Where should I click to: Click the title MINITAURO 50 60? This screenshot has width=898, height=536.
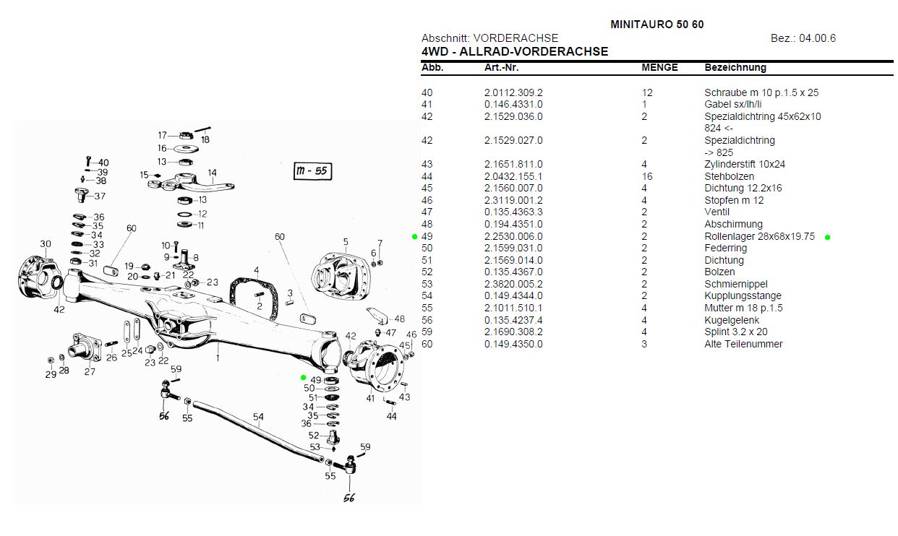pos(657,24)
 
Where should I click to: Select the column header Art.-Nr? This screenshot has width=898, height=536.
pos(501,67)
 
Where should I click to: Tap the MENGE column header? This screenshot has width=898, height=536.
pos(659,67)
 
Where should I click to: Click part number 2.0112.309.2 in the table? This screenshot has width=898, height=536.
pos(513,92)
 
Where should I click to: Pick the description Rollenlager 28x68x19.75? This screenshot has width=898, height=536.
pos(759,236)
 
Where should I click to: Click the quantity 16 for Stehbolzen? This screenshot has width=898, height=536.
pos(647,176)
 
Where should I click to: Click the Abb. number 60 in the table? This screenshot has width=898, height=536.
pos(427,344)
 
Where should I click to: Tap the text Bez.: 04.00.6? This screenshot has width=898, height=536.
pos(803,38)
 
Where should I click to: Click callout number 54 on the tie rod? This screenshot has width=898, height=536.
pos(258,417)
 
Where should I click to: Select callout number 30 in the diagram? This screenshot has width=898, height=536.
pos(46,244)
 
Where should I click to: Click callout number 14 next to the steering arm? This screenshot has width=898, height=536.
pos(212,173)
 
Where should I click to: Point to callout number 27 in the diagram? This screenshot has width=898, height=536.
pos(90,371)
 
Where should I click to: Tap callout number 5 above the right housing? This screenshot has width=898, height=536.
pos(346,241)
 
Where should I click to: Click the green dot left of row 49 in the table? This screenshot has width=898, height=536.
pos(415,236)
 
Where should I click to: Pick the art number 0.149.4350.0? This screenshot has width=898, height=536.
pos(513,344)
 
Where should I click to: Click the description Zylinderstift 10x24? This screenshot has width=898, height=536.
pos(744,164)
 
